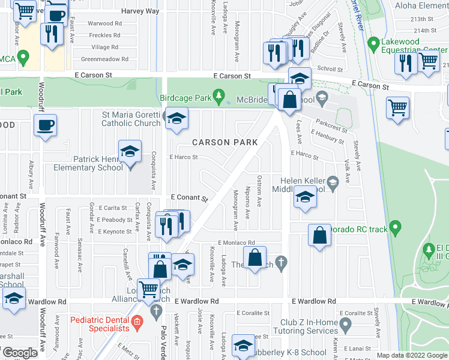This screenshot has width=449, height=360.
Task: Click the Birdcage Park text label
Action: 186,97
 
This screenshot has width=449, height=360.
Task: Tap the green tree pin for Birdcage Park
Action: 220,96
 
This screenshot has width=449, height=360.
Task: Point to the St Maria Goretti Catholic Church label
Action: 131,119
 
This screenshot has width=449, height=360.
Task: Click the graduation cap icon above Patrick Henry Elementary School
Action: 130,152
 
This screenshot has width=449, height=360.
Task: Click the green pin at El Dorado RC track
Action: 394,228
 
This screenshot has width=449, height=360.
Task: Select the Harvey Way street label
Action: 140,11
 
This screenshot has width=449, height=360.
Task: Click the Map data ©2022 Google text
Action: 412,355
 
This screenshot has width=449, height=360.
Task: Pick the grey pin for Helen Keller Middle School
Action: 333,181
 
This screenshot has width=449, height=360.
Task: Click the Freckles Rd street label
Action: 104,35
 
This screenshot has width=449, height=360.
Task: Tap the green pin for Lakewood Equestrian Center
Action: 373,43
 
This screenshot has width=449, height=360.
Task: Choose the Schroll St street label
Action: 330,69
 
